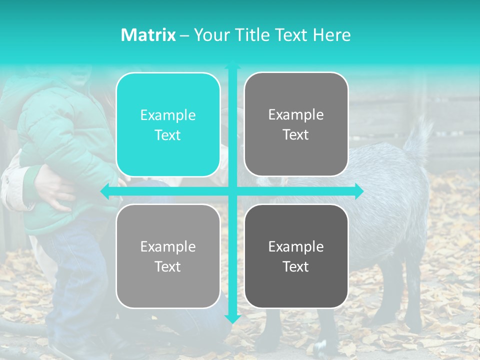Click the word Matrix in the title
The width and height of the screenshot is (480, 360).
point(148,35)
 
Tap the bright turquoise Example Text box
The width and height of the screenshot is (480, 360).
point(168,124)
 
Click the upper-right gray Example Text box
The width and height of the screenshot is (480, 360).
point(296,124)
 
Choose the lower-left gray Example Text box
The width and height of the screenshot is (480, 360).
point(168,256)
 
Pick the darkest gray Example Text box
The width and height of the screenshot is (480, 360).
point(296,256)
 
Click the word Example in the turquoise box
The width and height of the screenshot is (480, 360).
point(168,115)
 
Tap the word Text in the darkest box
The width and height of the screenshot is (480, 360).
point(296,266)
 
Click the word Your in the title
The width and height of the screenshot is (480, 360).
point(210,35)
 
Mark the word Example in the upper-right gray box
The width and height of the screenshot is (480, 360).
point(296,115)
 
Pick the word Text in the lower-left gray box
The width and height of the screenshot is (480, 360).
point(168,266)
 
